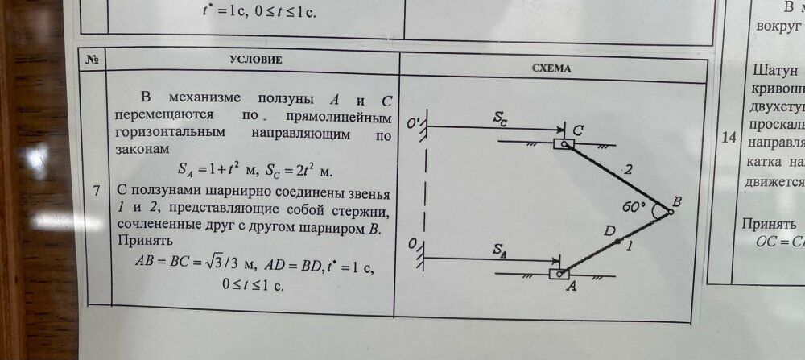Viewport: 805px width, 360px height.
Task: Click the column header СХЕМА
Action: tap(551, 69)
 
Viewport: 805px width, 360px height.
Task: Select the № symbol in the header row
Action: tap(91, 58)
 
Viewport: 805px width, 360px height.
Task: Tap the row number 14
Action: tap(729, 138)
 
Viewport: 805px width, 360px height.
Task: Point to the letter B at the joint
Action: tap(677, 203)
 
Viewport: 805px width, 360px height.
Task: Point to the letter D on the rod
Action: tap(609, 231)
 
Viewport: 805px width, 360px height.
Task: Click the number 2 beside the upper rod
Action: tap(628, 170)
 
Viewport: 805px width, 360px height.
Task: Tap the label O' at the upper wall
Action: tap(415, 124)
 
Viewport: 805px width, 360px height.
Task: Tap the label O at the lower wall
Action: tap(412, 245)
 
